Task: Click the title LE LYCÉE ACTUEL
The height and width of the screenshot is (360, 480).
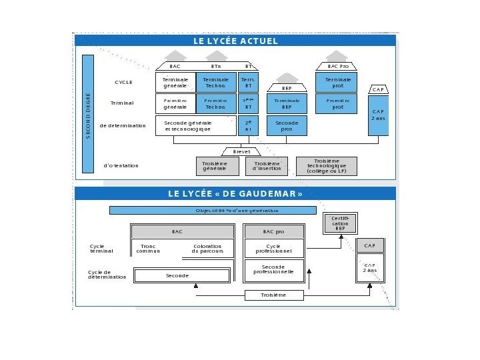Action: tap(235, 41)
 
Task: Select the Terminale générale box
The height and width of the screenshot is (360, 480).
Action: tap(175, 82)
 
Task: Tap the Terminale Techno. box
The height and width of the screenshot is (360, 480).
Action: tap(216, 82)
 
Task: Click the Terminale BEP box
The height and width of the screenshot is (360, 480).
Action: tap(287, 103)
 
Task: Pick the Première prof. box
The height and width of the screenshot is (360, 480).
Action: tap(338, 103)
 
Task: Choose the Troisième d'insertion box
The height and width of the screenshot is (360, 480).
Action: tap(267, 166)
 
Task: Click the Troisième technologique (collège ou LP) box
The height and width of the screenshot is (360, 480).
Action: tap(327, 166)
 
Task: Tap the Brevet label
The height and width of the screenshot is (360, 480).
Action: tap(241, 151)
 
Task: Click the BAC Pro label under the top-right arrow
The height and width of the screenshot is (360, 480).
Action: tap(338, 66)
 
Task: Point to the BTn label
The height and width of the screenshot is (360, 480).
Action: tap(216, 66)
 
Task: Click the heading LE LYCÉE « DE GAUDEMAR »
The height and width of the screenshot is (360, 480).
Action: tap(235, 194)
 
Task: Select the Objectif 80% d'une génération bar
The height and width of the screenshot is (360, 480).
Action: tap(213, 210)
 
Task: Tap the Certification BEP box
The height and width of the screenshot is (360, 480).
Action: tap(340, 223)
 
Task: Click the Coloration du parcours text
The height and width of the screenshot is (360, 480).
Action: tap(208, 249)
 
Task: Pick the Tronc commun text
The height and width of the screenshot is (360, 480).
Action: tap(148, 249)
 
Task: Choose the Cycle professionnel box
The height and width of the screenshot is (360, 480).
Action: tap(273, 249)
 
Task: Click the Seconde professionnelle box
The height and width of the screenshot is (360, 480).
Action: tap(273, 269)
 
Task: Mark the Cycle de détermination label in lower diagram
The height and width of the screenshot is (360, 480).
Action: tap(107, 275)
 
